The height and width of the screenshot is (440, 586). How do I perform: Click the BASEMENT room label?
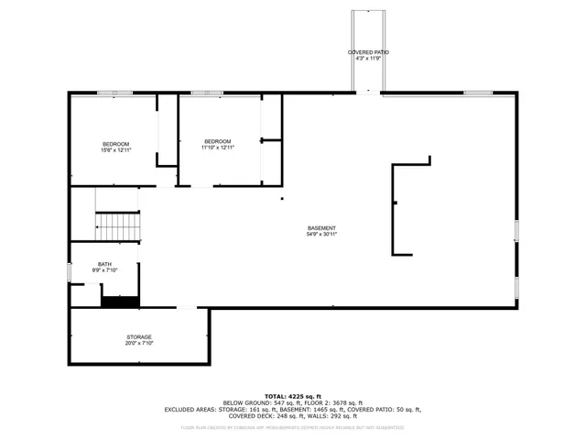point(321,228)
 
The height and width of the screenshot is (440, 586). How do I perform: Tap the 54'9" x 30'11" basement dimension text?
point(321,235)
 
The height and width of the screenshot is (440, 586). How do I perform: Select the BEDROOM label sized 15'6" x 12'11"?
point(115,144)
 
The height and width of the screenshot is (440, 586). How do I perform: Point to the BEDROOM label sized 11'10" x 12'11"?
point(218,141)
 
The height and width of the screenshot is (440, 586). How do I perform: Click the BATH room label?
point(105,264)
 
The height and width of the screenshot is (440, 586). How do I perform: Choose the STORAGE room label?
point(139,337)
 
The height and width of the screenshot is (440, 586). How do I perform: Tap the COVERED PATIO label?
point(368,53)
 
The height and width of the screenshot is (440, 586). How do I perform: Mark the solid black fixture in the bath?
point(119,302)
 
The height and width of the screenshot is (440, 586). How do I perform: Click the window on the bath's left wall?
point(70,272)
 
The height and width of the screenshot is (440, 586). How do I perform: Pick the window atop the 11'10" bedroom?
point(203,93)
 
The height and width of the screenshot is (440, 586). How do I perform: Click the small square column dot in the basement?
point(282,198)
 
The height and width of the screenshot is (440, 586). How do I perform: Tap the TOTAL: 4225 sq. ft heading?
point(293,395)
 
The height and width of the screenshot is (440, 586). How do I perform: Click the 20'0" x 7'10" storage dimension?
point(139,344)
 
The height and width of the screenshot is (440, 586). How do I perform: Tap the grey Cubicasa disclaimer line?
point(293,427)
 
